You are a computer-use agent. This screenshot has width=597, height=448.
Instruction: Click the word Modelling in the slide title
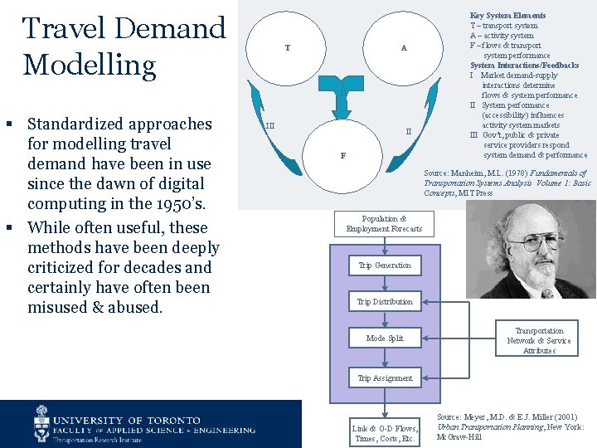(x=90, y=64)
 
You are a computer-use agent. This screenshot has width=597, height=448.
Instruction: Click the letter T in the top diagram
(x=288, y=47)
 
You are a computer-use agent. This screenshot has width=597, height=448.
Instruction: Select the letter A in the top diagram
(x=404, y=47)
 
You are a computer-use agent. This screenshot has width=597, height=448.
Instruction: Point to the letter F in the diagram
(x=342, y=155)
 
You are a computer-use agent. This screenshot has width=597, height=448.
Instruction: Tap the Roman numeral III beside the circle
(x=270, y=126)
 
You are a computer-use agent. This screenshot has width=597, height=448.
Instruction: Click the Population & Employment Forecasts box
(x=384, y=223)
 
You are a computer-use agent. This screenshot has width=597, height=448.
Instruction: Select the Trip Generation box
(x=384, y=265)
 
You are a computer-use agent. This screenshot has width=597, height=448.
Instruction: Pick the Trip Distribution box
(x=384, y=302)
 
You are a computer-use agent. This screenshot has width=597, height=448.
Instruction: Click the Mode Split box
(x=384, y=338)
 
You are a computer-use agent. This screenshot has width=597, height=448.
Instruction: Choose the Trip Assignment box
(x=384, y=378)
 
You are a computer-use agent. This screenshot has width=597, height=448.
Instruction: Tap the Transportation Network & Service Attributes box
(x=539, y=340)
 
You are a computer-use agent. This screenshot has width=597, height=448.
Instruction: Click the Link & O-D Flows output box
(x=384, y=433)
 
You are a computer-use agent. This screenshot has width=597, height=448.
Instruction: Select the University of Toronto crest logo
(x=42, y=424)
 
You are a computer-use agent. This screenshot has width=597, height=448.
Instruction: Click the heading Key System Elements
(x=507, y=16)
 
